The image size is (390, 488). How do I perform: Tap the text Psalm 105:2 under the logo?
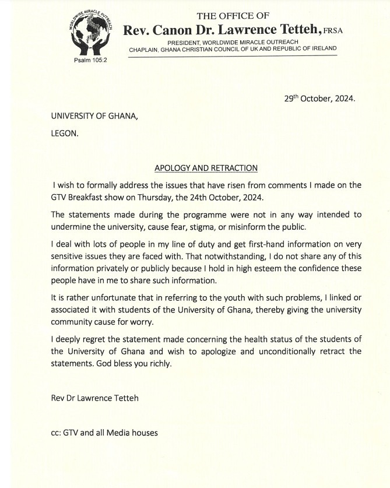(86, 61)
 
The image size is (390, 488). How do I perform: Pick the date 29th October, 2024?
(315, 99)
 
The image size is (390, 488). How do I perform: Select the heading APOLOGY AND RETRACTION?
(206, 168)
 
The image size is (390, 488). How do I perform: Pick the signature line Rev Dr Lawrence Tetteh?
(95, 398)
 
